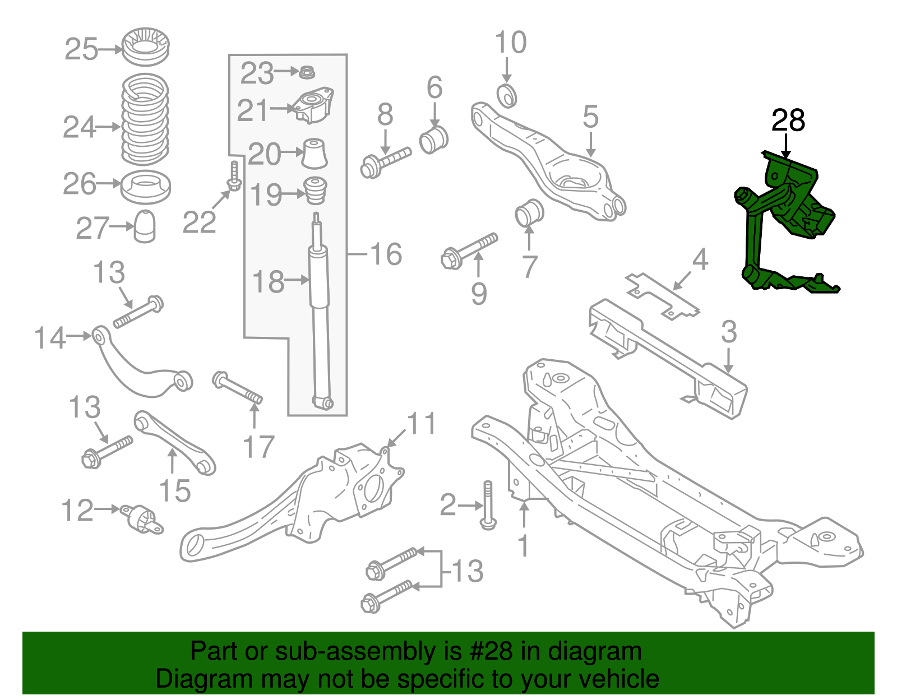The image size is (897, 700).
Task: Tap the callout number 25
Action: [81, 49]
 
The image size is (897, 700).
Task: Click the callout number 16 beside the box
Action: [386, 254]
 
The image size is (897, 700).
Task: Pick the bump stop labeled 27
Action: [145, 226]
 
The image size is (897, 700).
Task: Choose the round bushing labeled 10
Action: [507, 95]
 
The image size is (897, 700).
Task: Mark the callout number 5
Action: [590, 117]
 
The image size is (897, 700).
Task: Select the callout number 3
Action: [728, 332]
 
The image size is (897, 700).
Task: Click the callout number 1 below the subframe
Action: [523, 545]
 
